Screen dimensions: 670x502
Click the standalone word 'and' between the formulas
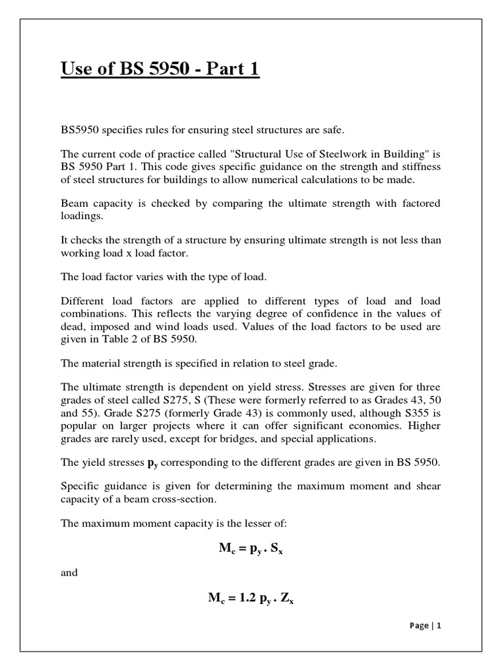pos(69,573)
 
